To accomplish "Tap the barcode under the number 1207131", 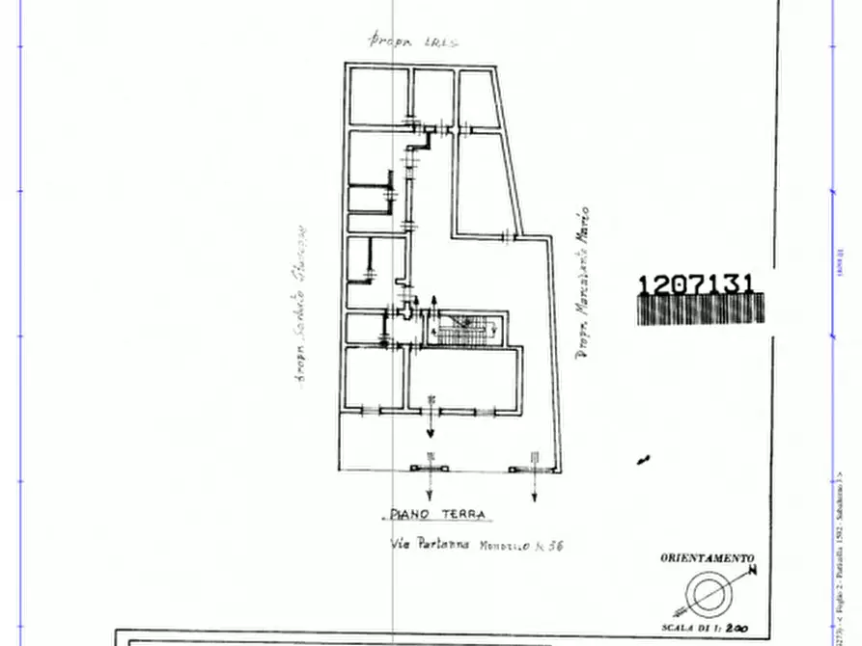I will (x=700, y=310).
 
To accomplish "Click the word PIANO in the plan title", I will (x=408, y=515).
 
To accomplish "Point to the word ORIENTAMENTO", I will (x=707, y=558).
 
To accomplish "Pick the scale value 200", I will (x=736, y=627).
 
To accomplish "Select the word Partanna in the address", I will (x=442, y=545).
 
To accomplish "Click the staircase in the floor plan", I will (x=466, y=329).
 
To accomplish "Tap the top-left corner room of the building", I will (x=376, y=95).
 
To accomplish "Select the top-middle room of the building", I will (x=431, y=95).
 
